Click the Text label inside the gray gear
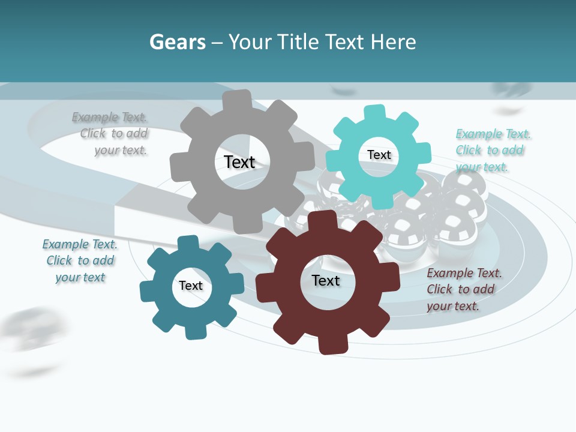pos(239,162)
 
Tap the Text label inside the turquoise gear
pos(379,155)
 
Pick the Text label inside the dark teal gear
pos(191,286)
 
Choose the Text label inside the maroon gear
pos(326,280)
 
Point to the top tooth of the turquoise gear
pos(374,113)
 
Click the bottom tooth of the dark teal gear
pos(194,331)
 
